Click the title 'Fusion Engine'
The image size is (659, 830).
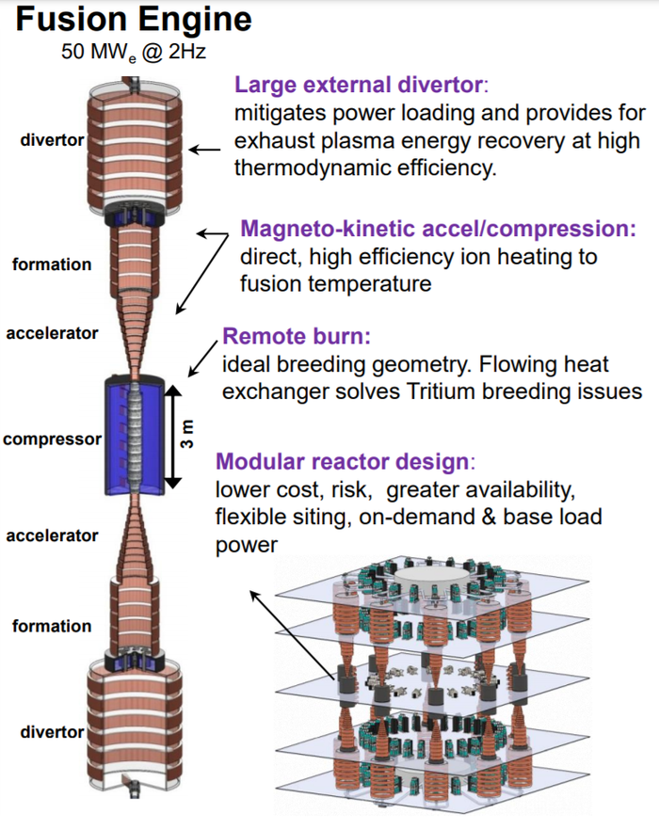pyautogui.click(x=134, y=20)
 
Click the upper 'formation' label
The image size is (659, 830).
pyautogui.click(x=52, y=264)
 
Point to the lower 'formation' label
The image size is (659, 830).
pyautogui.click(x=52, y=626)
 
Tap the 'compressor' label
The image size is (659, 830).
pyautogui.click(x=51, y=439)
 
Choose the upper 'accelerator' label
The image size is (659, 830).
pyautogui.click(x=52, y=333)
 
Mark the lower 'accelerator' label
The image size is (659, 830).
pyautogui.click(x=52, y=535)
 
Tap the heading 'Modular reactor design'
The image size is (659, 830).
pyautogui.click(x=341, y=462)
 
